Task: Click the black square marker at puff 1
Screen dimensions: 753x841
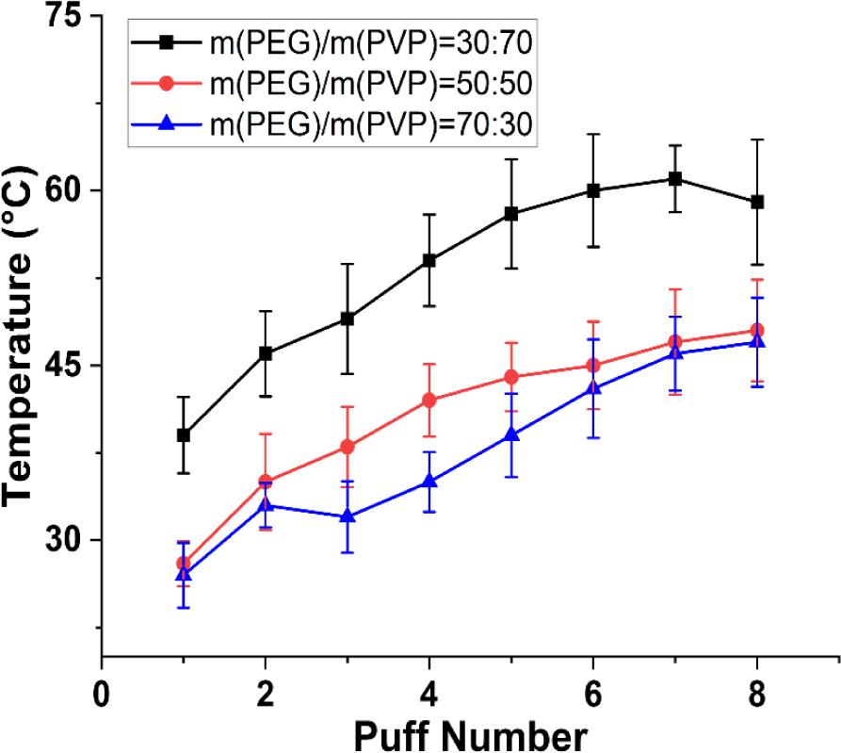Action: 184,435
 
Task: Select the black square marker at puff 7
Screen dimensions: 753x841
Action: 675,178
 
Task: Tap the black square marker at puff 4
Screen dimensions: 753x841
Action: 429,260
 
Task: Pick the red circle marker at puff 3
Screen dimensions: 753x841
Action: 348,447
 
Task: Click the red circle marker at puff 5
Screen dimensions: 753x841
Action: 511,377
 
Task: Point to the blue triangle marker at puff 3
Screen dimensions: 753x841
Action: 348,516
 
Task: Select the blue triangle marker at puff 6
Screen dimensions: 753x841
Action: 593,387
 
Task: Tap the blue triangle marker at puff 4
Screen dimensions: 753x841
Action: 429,481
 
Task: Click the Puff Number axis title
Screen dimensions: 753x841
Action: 429,733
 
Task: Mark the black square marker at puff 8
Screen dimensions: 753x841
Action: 757,202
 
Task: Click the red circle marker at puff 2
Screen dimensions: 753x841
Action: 266,482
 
